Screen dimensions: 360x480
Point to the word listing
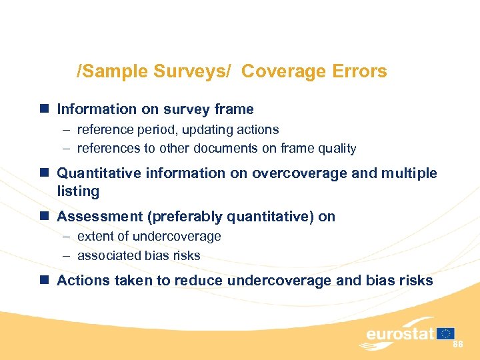pyautogui.click(x=78, y=191)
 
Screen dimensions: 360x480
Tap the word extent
pyautogui.click(x=95, y=237)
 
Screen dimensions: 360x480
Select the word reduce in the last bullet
pyautogui.click(x=199, y=281)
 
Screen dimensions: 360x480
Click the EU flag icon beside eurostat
pyautogui.click(x=446, y=333)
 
